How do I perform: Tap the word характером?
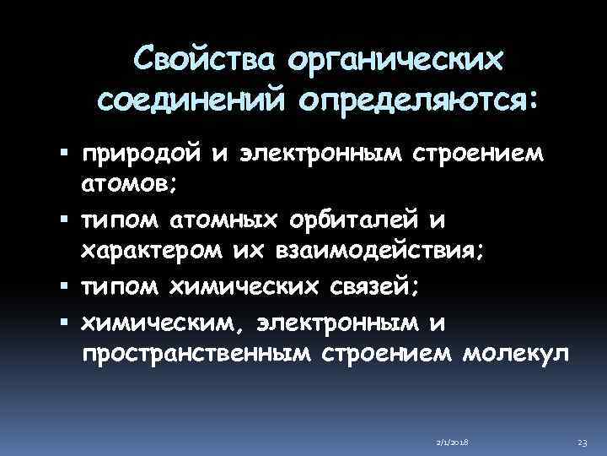coord(154,251)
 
